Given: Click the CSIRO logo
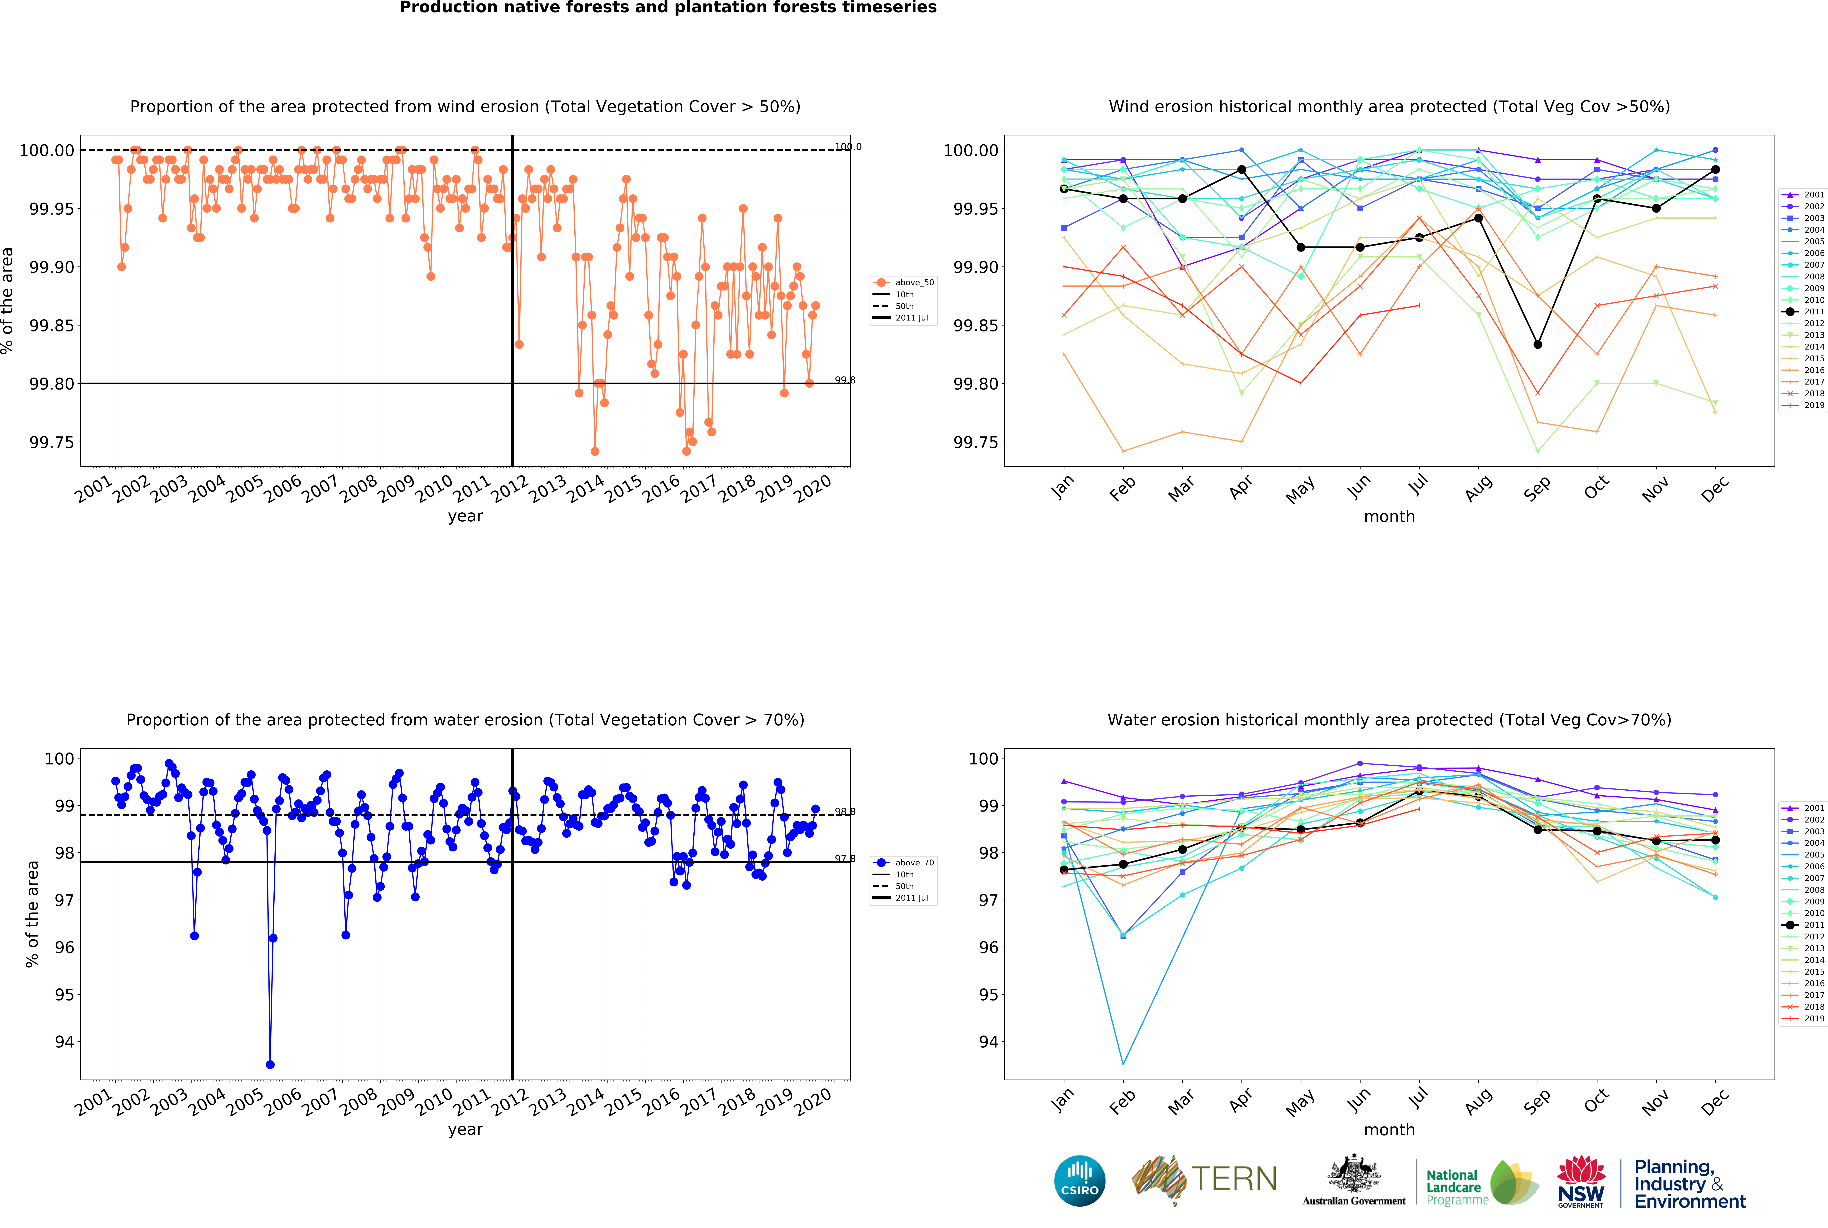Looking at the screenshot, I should [x=1079, y=1180].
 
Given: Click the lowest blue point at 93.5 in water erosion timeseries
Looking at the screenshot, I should [x=270, y=1064].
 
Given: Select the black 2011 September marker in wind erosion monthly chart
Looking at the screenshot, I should [x=1537, y=345].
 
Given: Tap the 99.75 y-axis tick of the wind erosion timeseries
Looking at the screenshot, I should [x=52, y=442].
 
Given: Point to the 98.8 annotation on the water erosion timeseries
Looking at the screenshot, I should [x=844, y=811].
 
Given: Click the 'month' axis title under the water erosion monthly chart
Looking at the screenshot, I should [x=1389, y=1129].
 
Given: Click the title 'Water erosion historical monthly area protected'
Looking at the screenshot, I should [x=1389, y=720].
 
